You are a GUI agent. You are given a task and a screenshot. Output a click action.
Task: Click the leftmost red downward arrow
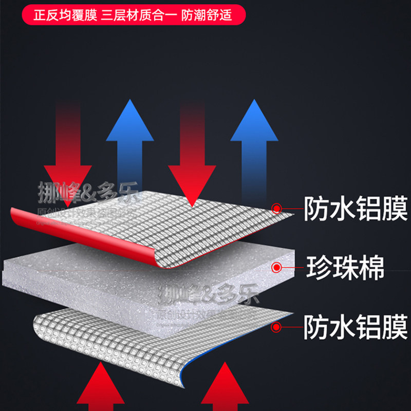67,154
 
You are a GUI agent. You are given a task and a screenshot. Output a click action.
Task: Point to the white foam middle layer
128,272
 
